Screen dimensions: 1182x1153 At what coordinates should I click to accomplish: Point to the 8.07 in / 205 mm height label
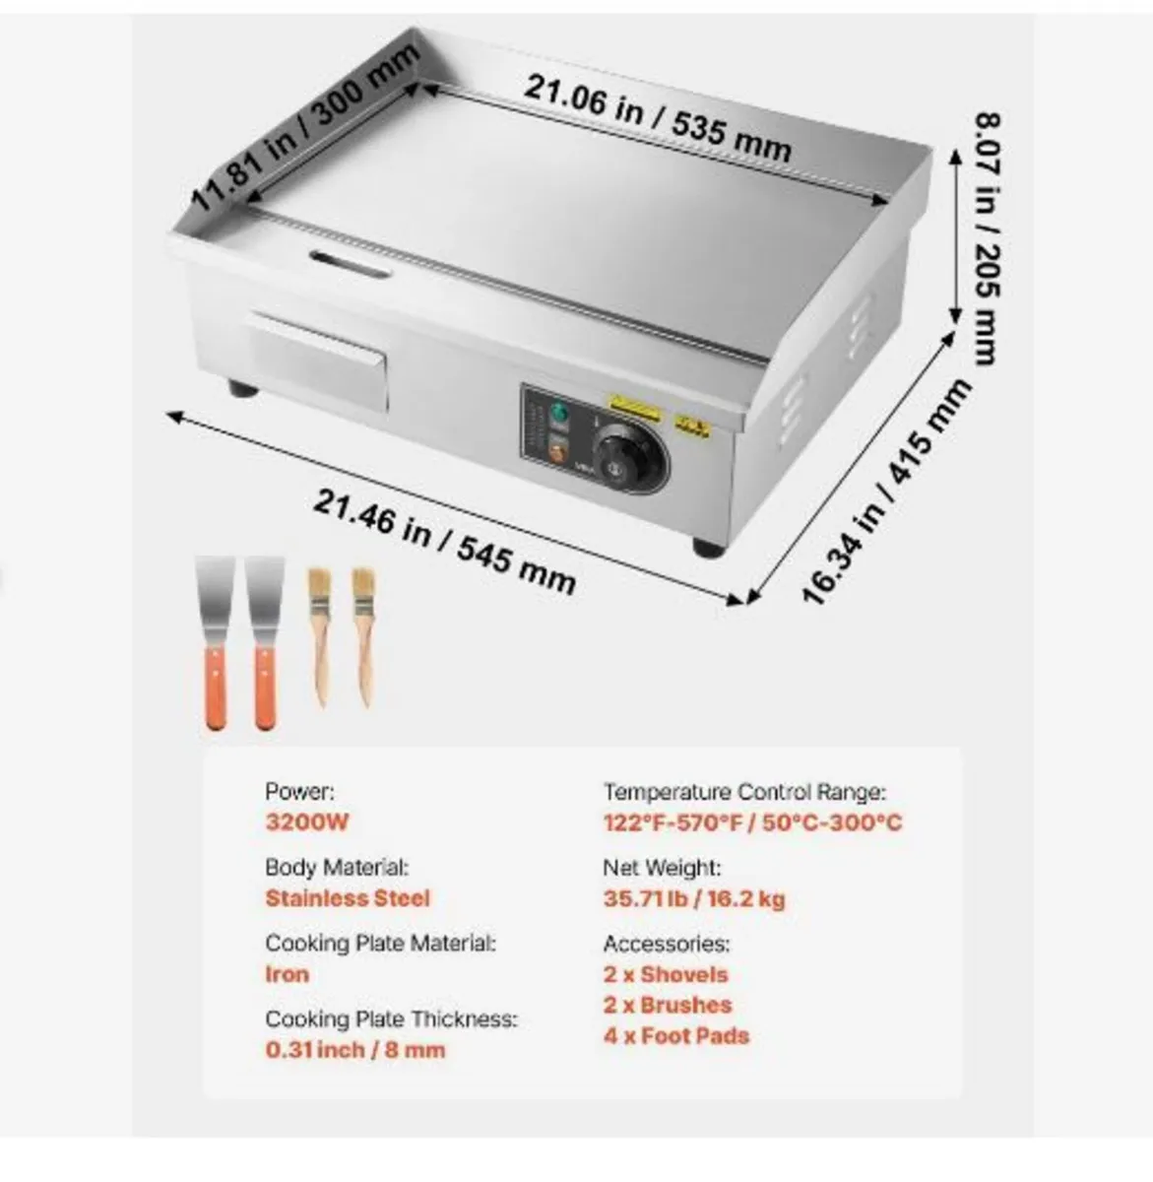(987, 237)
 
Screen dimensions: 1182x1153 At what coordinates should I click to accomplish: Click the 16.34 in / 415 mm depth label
(885, 492)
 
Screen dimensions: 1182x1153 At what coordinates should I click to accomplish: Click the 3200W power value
(307, 822)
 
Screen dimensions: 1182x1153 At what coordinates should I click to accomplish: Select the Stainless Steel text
(348, 898)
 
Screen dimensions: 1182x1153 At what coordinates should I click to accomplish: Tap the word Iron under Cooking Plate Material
(287, 974)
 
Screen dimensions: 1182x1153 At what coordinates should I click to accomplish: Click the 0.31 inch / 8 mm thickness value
(355, 1050)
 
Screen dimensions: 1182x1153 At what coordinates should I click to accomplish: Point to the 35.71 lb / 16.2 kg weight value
(694, 898)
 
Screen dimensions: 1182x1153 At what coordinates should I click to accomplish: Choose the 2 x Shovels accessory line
(666, 974)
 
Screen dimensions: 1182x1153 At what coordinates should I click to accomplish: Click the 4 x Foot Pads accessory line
(676, 1035)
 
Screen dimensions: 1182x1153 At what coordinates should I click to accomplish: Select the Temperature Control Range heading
(744, 792)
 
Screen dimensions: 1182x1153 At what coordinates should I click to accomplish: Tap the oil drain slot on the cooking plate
(351, 263)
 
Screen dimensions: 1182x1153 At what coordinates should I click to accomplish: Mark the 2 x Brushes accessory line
(668, 1005)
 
